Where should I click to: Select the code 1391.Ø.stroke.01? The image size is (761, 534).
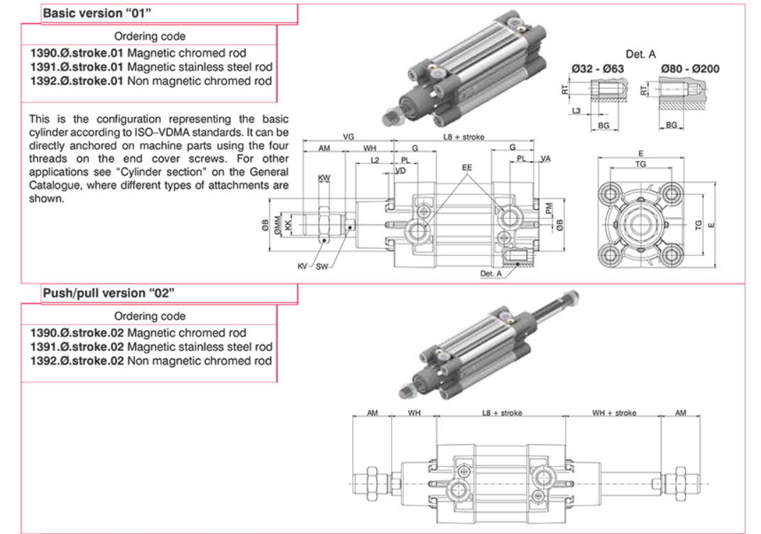point(77,67)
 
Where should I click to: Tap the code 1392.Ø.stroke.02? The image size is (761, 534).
point(77,361)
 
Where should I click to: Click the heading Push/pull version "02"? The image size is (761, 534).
point(109,293)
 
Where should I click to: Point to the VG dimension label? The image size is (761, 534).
point(348,137)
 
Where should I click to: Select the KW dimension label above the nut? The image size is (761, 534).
point(324,179)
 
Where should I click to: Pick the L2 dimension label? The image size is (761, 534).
point(376,160)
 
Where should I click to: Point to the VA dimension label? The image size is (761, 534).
point(545,159)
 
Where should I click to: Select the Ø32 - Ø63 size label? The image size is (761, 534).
point(598,69)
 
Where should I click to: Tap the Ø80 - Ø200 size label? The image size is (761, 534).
point(689,69)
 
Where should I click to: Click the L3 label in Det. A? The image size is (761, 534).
point(576,111)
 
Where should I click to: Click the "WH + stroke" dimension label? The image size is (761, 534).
point(614,413)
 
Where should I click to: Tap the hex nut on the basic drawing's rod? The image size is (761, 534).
point(324,225)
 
